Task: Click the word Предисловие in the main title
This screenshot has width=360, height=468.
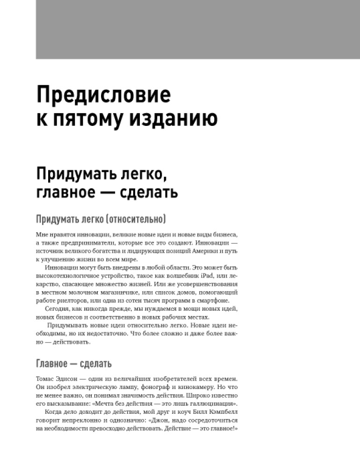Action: pyautogui.click(x=103, y=95)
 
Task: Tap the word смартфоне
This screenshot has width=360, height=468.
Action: pyautogui.click(x=220, y=300)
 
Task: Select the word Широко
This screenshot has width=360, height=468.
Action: pyautogui.click(x=190, y=395)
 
